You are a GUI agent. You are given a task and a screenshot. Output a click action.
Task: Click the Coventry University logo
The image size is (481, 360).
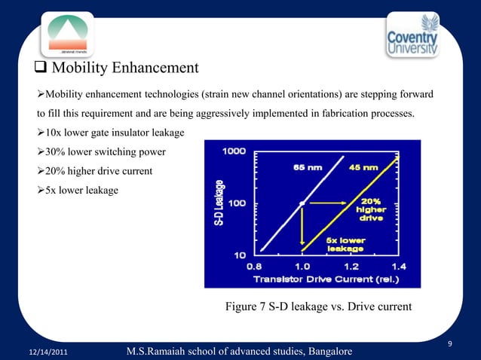(424, 36)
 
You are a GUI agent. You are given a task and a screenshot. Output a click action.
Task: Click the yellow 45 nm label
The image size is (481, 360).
(364, 167)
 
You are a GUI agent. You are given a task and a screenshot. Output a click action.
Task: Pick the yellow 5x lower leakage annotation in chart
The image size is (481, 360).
(345, 244)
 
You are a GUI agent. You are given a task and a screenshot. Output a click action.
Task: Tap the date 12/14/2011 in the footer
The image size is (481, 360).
(48, 352)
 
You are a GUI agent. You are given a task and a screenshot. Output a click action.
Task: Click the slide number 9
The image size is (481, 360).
(449, 344)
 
